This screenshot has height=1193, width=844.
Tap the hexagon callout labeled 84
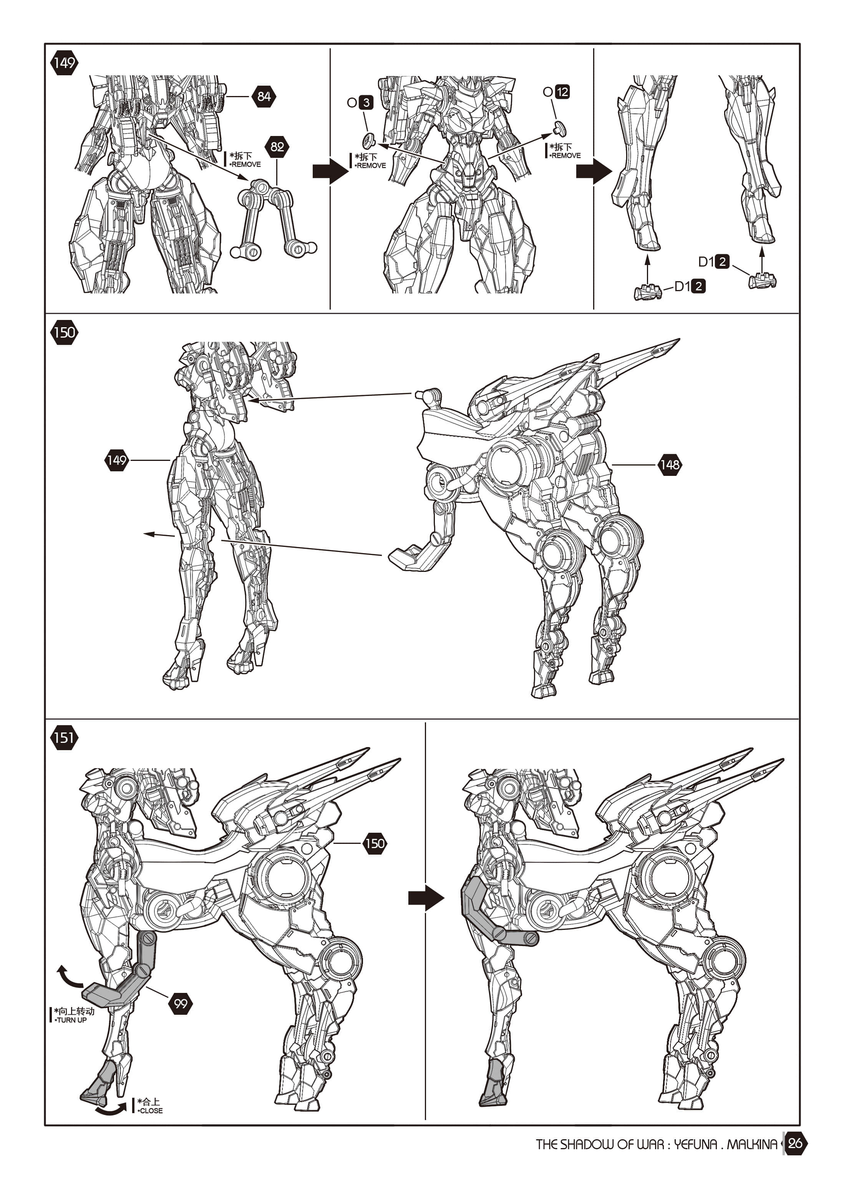coord(264,96)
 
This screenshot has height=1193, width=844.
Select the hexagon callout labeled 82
coord(277,146)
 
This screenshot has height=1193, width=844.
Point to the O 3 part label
coord(360,102)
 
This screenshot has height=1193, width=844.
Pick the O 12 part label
coord(557,92)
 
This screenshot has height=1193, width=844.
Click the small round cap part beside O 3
coord(369,140)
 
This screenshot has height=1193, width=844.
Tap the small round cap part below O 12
coord(560,128)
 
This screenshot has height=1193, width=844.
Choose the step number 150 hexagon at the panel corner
coord(64,333)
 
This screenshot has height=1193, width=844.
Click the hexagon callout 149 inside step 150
coord(116,460)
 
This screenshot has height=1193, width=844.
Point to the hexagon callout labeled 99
coord(180,1003)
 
